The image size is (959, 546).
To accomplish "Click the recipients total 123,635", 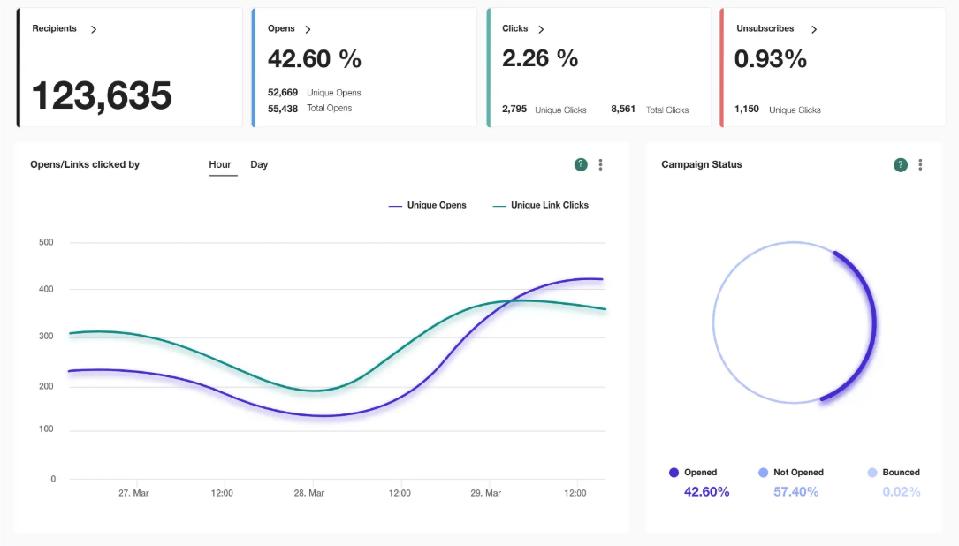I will click(102, 95).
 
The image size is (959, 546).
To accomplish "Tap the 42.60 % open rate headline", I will click(315, 59).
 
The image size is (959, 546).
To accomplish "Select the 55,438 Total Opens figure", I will click(283, 109).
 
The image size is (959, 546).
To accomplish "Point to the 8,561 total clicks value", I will click(623, 110).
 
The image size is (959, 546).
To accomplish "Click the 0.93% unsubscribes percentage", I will click(771, 59).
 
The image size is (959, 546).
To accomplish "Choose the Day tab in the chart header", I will click(259, 164).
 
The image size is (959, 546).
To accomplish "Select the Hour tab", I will click(220, 164).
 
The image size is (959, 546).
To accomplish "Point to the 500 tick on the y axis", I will click(46, 242).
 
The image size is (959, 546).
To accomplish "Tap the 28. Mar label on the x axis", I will click(309, 493).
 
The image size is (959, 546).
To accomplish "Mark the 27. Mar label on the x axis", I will click(133, 493).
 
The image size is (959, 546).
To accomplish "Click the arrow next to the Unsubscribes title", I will click(814, 29).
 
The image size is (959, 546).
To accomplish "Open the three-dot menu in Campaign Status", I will click(920, 164).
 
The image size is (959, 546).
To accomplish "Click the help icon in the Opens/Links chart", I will click(581, 164).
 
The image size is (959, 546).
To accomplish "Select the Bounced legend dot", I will click(872, 473).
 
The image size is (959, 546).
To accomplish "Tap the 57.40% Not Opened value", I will click(795, 491).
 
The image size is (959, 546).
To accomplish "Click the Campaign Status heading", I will click(702, 164).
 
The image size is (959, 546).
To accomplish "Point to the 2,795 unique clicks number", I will click(514, 110).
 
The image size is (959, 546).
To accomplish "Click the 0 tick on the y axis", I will click(53, 479).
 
